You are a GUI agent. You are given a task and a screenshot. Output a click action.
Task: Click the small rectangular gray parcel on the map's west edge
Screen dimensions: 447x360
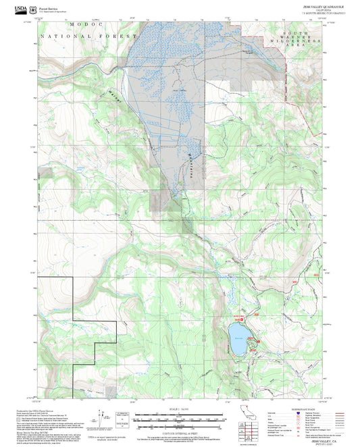click(160, 201)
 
